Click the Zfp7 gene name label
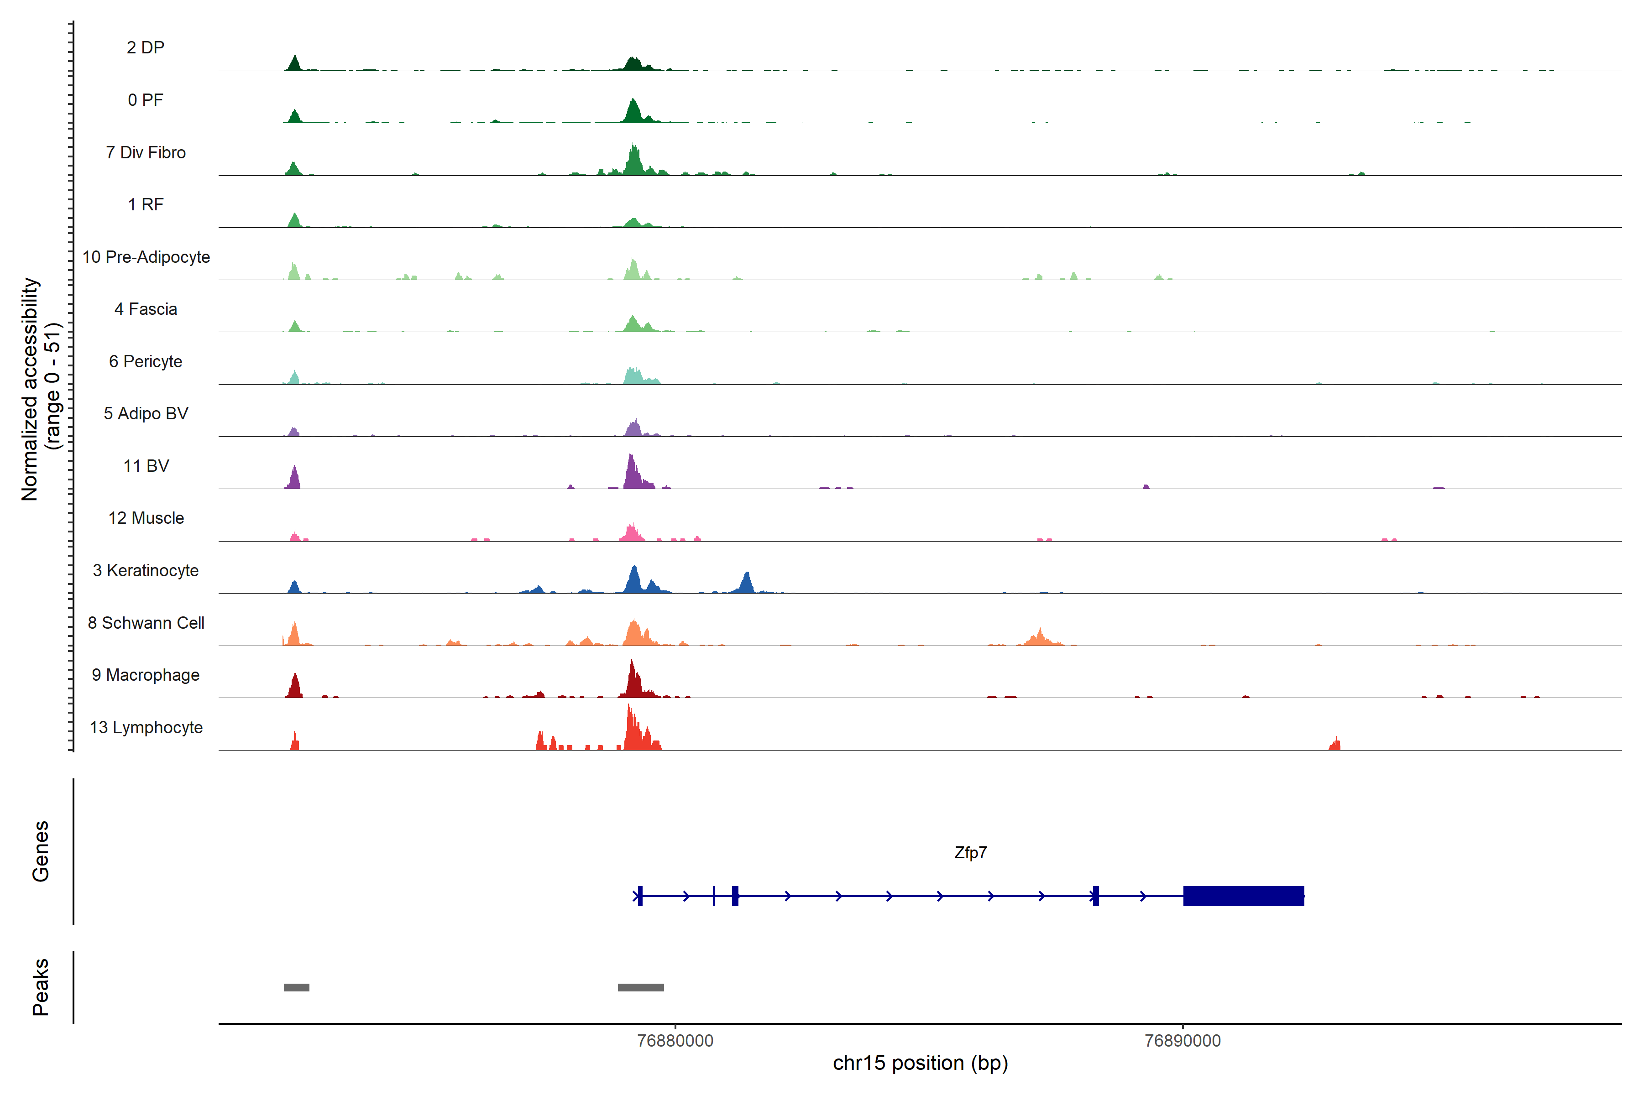click(x=970, y=853)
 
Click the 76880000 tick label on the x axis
click(x=675, y=1041)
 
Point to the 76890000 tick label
click(x=1183, y=1041)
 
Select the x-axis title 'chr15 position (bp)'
click(x=920, y=1063)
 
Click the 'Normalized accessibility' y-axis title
click(x=29, y=389)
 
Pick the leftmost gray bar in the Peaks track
click(x=296, y=987)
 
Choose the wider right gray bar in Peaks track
click(x=641, y=987)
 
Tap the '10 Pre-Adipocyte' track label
click(x=146, y=257)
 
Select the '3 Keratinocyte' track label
click(x=146, y=571)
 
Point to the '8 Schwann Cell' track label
click(x=146, y=623)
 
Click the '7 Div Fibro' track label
click(x=146, y=152)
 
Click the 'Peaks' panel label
click(x=41, y=987)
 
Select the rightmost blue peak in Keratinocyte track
click(x=746, y=583)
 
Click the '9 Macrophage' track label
click(x=146, y=675)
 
